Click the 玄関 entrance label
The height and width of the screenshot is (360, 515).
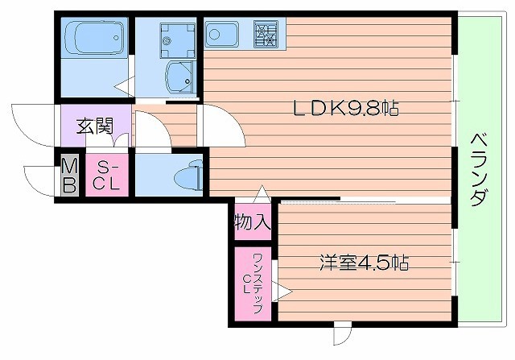tap(93, 126)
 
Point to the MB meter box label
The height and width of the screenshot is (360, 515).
tap(70, 176)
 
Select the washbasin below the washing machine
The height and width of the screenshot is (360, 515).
tap(178, 77)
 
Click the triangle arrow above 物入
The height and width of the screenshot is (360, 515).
tap(258, 194)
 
